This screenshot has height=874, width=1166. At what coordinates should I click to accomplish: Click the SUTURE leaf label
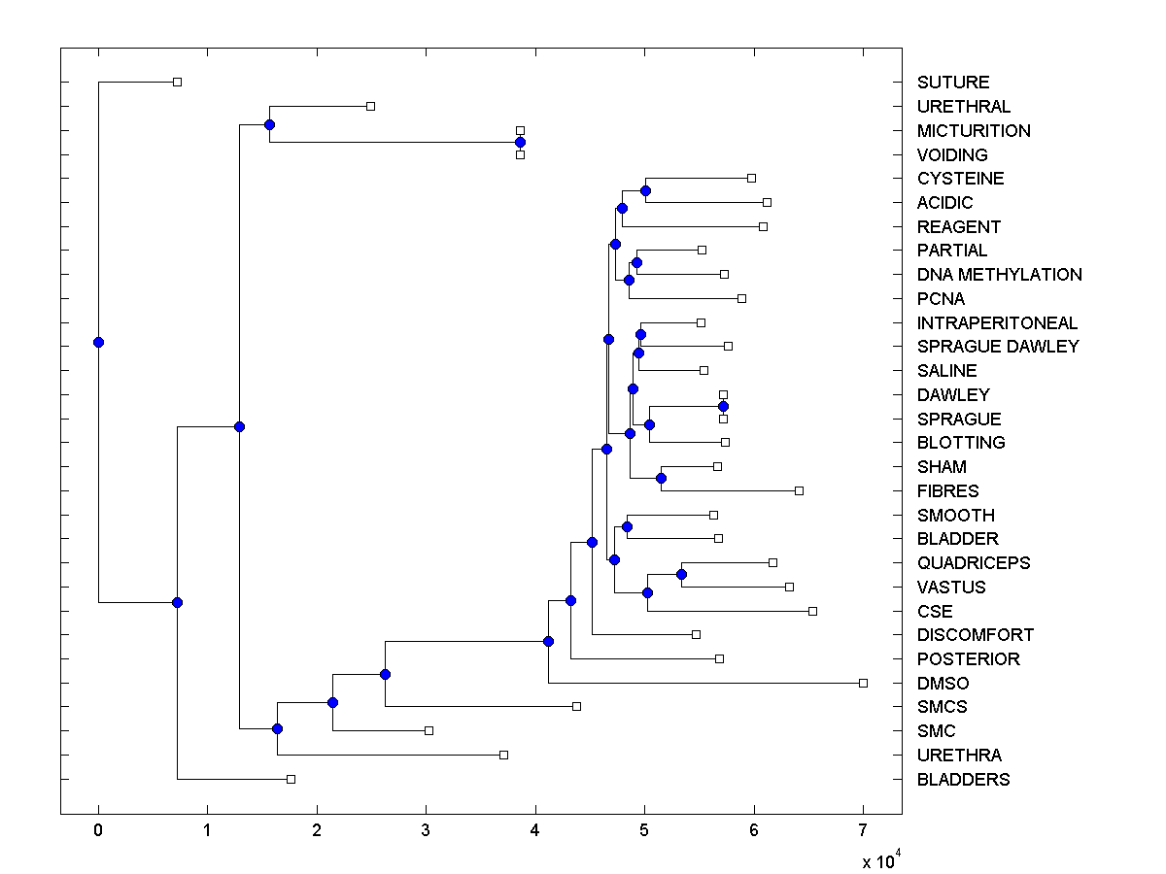coord(952,83)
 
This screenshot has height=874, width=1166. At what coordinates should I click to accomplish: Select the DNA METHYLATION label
coord(999,275)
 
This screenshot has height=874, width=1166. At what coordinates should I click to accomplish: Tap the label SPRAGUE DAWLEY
coord(997,347)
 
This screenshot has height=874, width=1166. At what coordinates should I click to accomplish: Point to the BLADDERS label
coord(963,780)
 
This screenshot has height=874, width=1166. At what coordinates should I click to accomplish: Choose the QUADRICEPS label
coord(973,563)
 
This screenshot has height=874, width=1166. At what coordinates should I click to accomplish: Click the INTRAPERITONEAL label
coord(997,323)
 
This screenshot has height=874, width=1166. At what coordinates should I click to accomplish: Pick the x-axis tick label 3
coord(426,829)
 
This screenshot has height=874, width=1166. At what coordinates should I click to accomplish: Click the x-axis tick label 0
coord(98,829)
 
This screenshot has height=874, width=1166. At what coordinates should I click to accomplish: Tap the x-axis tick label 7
coord(863,829)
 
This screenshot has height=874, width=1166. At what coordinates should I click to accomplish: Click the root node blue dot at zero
coord(98,342)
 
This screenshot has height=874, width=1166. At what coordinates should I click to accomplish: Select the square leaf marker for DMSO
coord(863,683)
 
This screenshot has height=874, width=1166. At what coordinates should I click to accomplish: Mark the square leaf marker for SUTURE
coord(177,82)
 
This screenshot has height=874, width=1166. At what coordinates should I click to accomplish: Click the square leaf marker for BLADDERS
coord(291,779)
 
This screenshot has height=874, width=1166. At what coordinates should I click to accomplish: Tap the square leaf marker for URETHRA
coord(503,755)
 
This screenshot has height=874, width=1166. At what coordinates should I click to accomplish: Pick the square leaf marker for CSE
coord(812,611)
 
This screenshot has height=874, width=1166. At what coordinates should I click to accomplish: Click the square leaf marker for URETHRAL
coord(370,106)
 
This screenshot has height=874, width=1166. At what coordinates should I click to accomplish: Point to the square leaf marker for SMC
coord(429,730)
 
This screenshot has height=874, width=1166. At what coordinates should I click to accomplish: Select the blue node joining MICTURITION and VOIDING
coord(520,142)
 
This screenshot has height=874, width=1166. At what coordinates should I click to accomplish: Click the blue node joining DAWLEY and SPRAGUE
coord(723,406)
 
